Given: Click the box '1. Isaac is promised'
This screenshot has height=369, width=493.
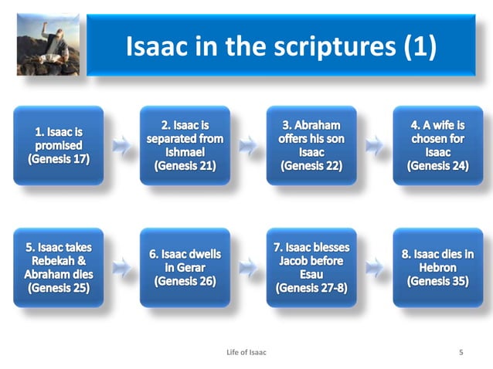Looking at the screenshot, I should click(x=59, y=145).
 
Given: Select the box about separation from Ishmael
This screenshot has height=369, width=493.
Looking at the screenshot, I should click(x=185, y=145).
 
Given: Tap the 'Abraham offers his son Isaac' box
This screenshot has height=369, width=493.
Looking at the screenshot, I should click(x=311, y=145).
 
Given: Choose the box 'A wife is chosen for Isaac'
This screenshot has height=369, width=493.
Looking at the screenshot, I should click(x=437, y=145).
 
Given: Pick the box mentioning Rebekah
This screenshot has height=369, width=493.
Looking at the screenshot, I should click(x=59, y=268).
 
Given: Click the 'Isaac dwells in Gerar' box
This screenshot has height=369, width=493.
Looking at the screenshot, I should click(x=185, y=268).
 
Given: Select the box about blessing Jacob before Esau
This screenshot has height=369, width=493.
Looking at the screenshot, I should click(x=311, y=268).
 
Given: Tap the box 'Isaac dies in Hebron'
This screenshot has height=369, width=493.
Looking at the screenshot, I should click(x=437, y=268).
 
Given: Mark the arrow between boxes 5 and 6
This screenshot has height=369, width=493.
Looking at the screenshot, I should click(x=121, y=268).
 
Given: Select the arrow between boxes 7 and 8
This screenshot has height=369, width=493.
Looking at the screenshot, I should click(x=374, y=268).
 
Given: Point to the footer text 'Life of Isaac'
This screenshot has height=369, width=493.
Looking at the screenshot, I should click(x=246, y=352).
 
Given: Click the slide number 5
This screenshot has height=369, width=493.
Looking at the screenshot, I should click(x=461, y=352).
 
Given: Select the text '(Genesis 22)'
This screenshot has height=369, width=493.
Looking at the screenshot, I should click(x=311, y=167).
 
